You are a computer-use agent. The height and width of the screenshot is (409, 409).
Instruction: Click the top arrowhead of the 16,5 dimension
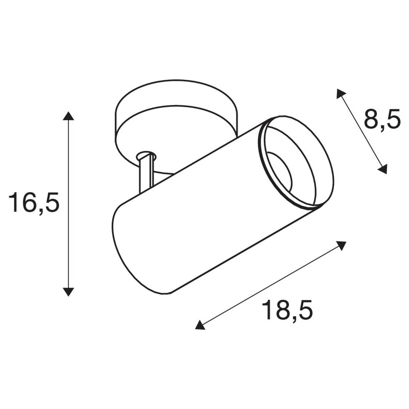(x=69, y=116)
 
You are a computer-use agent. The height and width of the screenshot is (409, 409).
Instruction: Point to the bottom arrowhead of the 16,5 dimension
(x=69, y=291)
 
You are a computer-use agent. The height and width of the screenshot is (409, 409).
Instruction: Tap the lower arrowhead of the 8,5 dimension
(x=383, y=169)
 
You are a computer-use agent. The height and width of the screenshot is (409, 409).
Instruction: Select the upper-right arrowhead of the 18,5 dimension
(x=342, y=245)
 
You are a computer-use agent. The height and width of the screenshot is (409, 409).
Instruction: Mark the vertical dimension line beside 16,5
(x=69, y=204)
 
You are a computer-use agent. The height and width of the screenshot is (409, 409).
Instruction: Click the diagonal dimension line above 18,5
(x=271, y=285)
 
